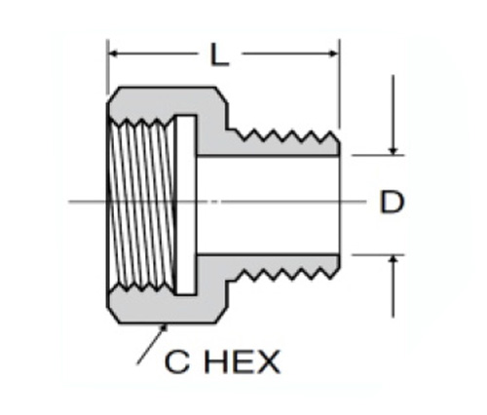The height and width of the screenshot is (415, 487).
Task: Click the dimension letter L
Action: (x=220, y=56)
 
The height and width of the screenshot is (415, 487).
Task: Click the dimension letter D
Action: (x=392, y=202)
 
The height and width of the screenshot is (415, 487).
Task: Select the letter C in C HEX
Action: (x=176, y=361)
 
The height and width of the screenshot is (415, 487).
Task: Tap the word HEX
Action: (x=242, y=361)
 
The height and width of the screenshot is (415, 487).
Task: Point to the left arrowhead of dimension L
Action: (x=113, y=53)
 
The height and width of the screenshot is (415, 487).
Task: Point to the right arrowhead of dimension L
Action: (x=334, y=53)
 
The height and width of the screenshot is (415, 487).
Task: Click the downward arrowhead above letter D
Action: (x=393, y=151)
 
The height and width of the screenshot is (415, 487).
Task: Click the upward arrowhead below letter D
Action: (x=393, y=259)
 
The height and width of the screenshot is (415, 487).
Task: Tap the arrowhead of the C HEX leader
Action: (x=165, y=328)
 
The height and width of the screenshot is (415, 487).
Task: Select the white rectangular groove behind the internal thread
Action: (x=186, y=205)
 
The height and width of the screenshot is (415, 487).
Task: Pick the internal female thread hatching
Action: (x=142, y=205)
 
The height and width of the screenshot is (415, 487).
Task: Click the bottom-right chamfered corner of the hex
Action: (x=221, y=315)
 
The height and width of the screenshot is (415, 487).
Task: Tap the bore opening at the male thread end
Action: (x=339, y=205)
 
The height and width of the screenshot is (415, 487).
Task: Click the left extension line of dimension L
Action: (x=107, y=67)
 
